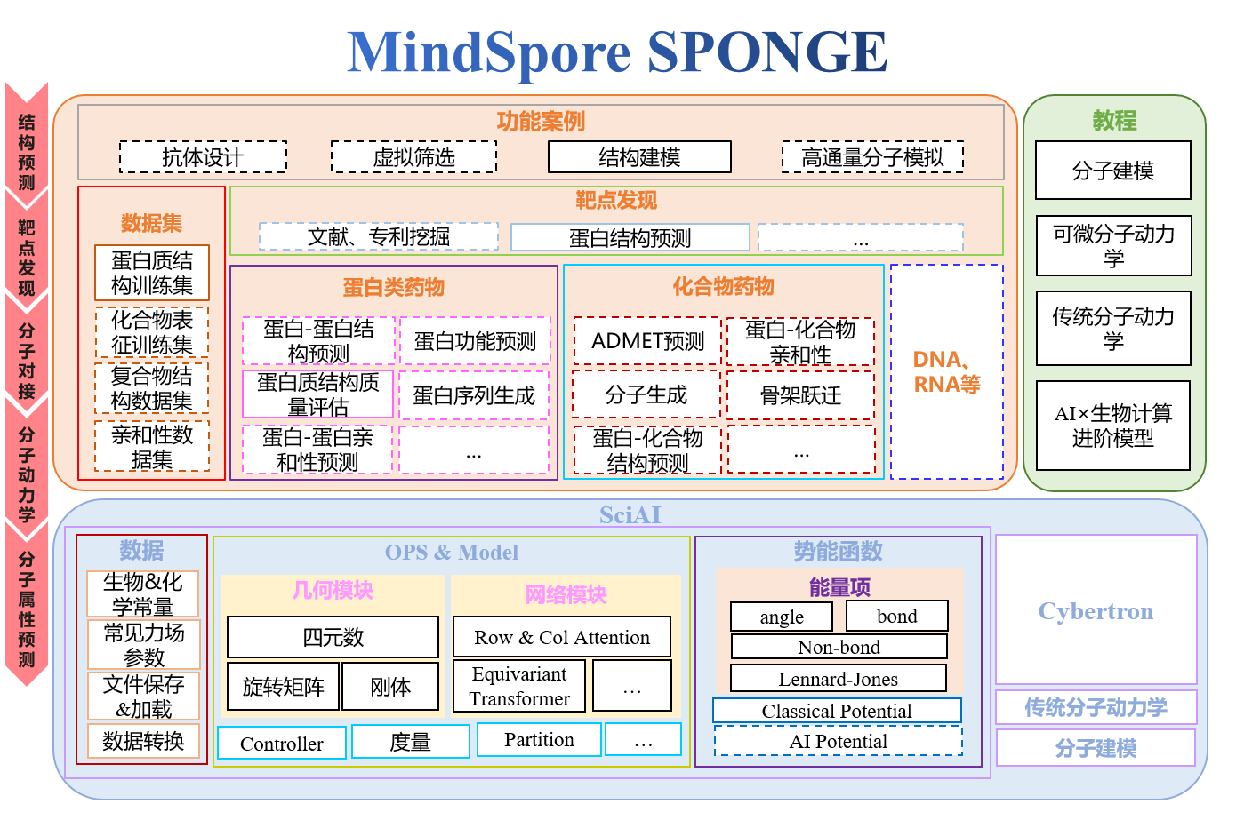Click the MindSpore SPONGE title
click(x=617, y=52)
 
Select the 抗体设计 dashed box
click(x=203, y=157)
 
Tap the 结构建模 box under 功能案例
click(x=639, y=157)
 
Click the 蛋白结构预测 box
click(x=630, y=237)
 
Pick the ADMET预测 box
click(x=647, y=341)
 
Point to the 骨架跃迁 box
click(x=800, y=395)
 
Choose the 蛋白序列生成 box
click(x=474, y=395)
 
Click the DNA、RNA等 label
click(x=947, y=371)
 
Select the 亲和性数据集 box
click(x=152, y=447)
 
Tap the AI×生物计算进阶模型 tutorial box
click(x=1112, y=426)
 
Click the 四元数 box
click(x=333, y=637)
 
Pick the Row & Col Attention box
click(x=561, y=637)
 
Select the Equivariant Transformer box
click(x=519, y=686)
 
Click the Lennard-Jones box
click(x=838, y=679)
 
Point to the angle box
click(x=782, y=617)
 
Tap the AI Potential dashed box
click(x=838, y=741)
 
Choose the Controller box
click(x=281, y=743)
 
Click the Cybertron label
click(x=1096, y=611)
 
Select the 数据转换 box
click(x=143, y=741)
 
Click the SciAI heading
click(x=630, y=515)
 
